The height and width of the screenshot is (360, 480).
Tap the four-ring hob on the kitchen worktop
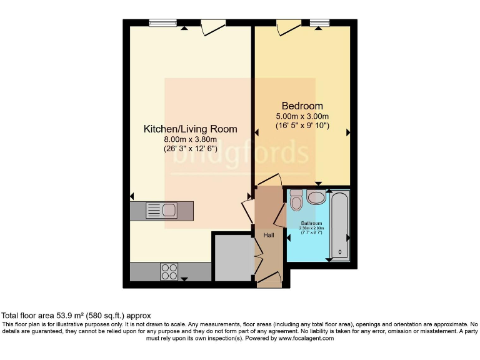point(169,271)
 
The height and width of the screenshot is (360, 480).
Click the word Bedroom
point(302,106)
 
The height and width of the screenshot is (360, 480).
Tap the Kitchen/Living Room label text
point(191,129)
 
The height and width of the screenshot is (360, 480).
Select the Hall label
point(268,235)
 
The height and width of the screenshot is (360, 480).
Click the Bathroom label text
point(312,223)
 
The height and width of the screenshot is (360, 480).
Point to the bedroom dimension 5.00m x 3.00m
point(302,116)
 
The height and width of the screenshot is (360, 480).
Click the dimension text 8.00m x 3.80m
point(190,139)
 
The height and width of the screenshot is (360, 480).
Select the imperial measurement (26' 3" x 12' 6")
point(190,149)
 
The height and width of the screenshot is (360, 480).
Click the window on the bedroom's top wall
point(319,23)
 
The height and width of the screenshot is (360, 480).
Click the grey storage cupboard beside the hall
point(232,257)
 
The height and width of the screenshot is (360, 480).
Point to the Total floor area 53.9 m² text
point(76,316)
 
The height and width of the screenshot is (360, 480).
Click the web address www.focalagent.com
point(306,338)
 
